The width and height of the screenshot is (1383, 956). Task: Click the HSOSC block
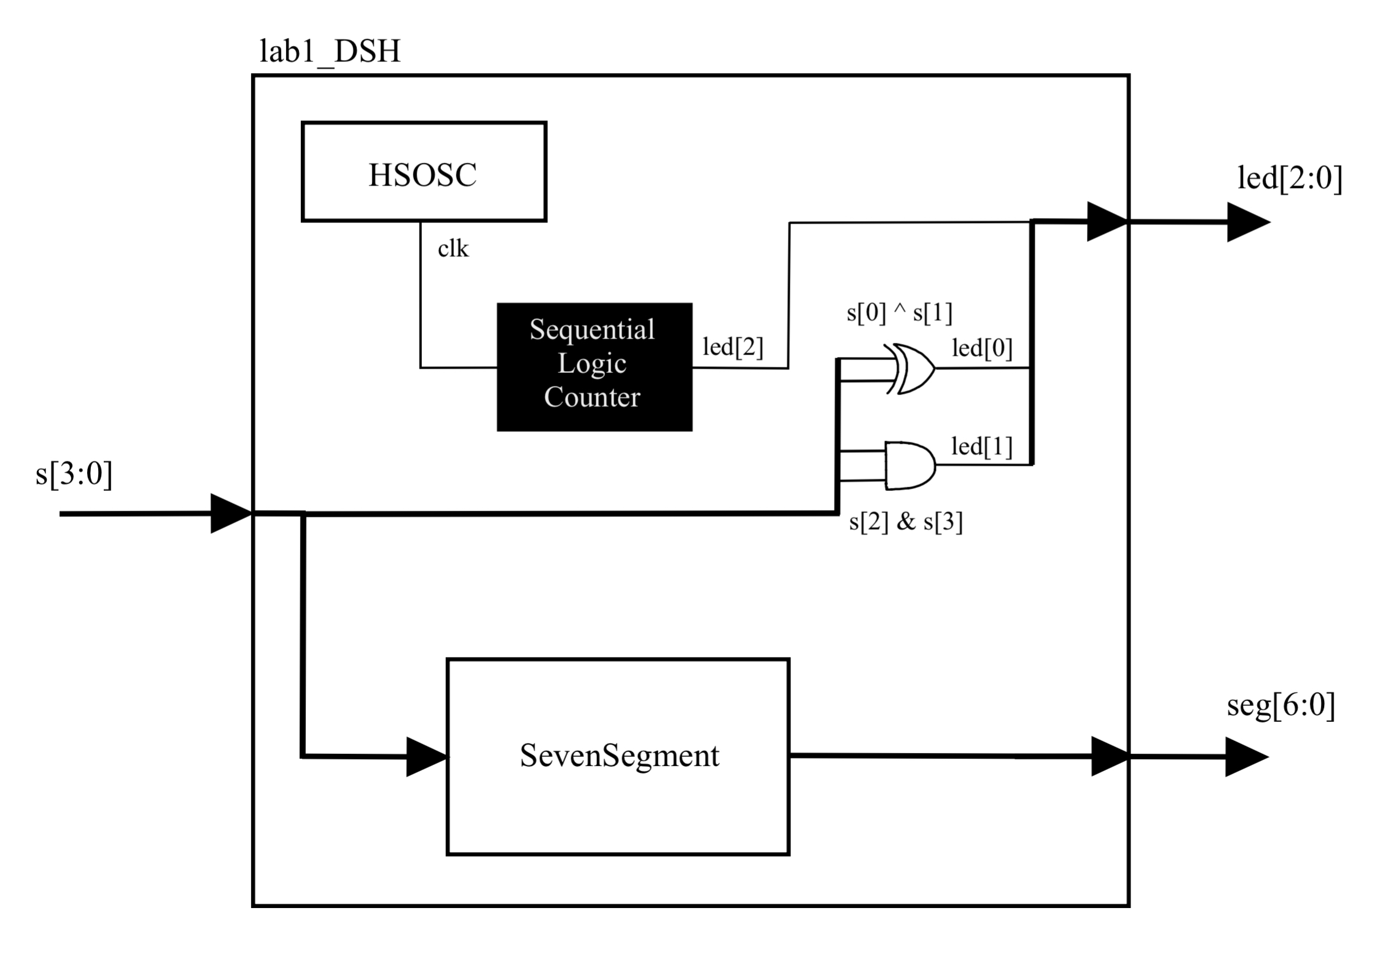424,171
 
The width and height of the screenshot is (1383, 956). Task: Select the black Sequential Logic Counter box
594,367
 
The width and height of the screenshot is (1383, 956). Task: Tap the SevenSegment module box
618,756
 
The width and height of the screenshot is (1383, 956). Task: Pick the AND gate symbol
910,465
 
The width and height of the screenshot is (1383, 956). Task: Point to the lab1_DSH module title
330,51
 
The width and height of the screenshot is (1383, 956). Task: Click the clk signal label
453,249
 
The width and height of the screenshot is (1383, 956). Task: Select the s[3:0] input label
74,474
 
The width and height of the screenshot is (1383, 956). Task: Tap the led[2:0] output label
1290,178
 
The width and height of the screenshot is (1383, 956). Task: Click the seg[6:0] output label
1281,705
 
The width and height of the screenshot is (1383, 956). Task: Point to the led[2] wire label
733,347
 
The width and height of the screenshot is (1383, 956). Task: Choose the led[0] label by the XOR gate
982,348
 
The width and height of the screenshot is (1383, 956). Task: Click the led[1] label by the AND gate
982,447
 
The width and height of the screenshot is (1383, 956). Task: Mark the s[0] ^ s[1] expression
900,313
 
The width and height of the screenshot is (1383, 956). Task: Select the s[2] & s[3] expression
906,522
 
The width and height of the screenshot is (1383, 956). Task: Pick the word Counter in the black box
592,398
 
